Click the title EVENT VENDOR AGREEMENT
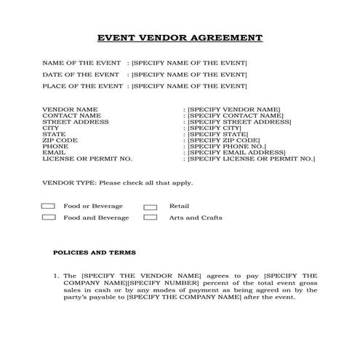[x=180, y=38]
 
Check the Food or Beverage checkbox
[x=49, y=207]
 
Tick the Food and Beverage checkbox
[x=49, y=217]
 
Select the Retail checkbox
[x=151, y=207]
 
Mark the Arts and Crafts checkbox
[x=151, y=217]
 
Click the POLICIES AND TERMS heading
[x=95, y=253]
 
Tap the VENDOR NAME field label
[x=70, y=109]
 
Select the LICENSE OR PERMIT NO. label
[x=87, y=158]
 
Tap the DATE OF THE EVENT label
[x=81, y=74]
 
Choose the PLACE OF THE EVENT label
[x=81, y=86]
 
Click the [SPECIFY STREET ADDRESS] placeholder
[x=239, y=121]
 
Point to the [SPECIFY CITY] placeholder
[x=216, y=127]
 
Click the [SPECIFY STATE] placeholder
[x=218, y=134]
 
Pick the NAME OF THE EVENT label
[x=81, y=63]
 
